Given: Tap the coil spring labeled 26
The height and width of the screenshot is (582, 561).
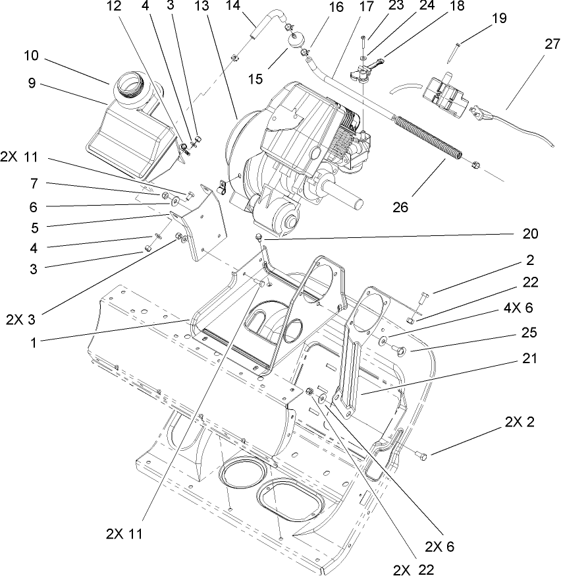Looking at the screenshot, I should point(427,138).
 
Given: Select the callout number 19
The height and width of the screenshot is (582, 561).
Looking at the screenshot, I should point(499,18).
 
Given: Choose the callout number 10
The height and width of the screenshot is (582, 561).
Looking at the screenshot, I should point(32,56).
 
